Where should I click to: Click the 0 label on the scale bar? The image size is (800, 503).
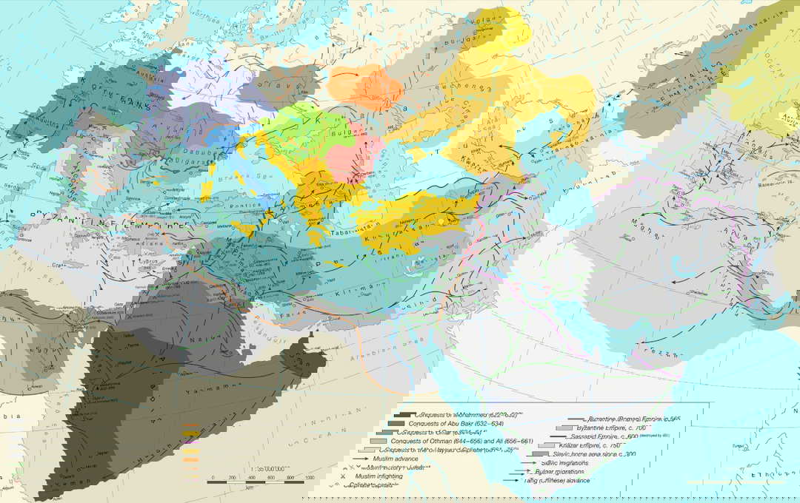213,478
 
